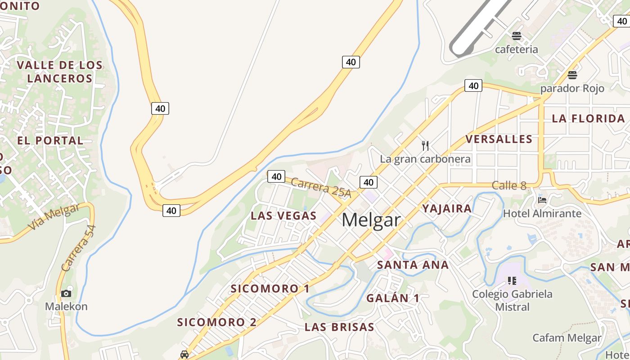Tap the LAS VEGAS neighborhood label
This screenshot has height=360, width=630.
coord(283,216)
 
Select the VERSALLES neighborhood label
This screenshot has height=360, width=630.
coord(499,139)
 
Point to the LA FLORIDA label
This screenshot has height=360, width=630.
coord(588,119)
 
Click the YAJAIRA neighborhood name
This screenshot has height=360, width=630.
coord(447,208)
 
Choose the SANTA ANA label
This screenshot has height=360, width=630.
coord(413,265)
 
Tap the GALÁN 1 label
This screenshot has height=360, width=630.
coord(392,298)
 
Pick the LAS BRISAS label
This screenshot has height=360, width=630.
coord(339,327)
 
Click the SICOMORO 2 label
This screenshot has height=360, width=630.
coord(216,322)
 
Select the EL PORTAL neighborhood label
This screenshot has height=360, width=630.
coord(50,140)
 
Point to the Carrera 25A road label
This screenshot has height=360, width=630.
coord(320,187)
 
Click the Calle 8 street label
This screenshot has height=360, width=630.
coord(509,185)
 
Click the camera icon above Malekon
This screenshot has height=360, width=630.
coord(66,293)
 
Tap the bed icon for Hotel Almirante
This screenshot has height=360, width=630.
coord(542,200)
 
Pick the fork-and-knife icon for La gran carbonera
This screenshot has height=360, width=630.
coord(425,145)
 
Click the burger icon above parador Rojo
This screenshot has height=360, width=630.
coord(572,75)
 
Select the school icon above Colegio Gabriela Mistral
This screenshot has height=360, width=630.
coord(512,281)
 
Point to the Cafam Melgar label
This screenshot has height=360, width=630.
coord(567,338)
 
